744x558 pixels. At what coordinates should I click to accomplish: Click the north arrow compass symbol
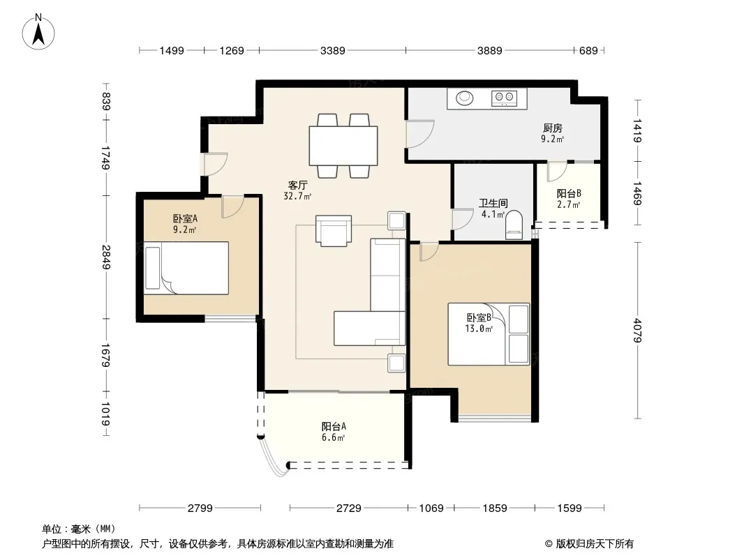(38, 32)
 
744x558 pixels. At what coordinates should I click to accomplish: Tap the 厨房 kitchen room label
(553, 128)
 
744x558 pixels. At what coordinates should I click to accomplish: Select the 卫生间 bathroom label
(493, 204)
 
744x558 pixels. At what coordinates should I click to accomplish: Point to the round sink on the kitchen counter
(465, 98)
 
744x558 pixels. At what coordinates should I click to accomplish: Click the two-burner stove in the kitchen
(504, 98)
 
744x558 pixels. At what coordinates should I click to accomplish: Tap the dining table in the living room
(343, 146)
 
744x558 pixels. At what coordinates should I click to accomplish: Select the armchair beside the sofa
(334, 231)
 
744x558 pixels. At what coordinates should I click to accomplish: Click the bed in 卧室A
(186, 268)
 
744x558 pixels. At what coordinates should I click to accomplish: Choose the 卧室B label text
(479, 317)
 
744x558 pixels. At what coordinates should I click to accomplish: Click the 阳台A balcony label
(334, 426)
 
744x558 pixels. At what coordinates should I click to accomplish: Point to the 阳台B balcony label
(569, 193)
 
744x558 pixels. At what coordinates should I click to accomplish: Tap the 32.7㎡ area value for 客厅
(297, 196)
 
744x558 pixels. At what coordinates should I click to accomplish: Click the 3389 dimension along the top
(333, 50)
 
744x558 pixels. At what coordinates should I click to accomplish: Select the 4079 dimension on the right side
(637, 331)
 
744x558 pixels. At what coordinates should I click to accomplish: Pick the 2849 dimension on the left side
(105, 257)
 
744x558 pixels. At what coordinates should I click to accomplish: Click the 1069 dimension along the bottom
(431, 508)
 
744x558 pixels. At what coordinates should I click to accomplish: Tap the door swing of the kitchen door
(420, 134)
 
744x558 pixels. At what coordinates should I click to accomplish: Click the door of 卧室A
(232, 206)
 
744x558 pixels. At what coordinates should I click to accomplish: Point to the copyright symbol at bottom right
(549, 544)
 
